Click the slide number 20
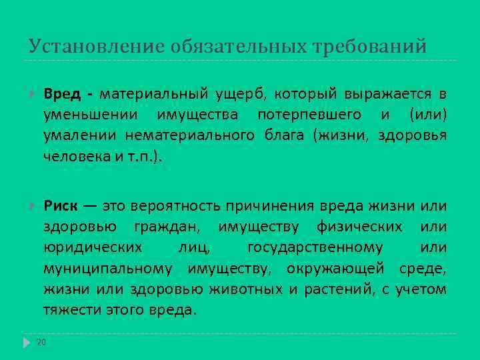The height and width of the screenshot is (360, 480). pyautogui.click(x=41, y=343)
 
